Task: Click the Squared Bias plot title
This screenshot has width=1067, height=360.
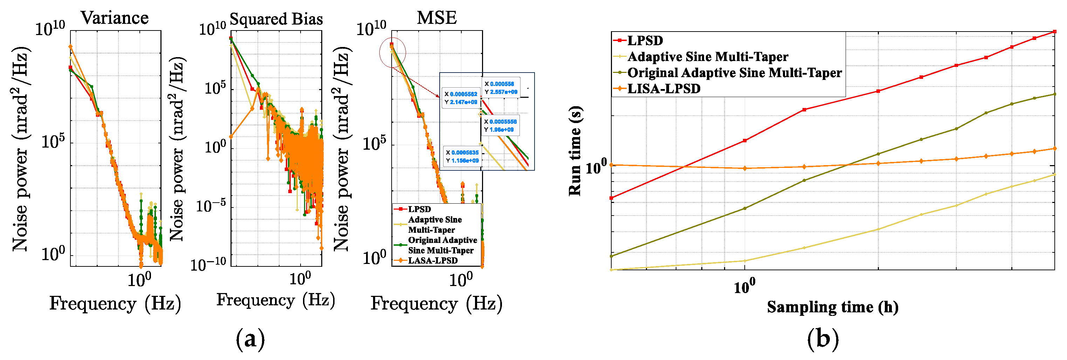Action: pos(276,19)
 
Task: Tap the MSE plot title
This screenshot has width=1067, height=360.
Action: pos(436,18)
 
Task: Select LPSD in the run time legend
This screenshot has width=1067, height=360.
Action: pos(645,41)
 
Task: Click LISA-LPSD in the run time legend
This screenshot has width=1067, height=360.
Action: pos(663,89)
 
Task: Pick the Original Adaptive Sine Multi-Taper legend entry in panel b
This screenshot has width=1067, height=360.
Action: pos(734,73)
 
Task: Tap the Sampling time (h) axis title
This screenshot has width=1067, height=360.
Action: pos(832,307)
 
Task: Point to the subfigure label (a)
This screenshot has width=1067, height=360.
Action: pos(250,339)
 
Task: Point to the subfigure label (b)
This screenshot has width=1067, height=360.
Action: pos(822,339)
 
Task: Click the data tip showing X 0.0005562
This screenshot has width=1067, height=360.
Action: pos(461,98)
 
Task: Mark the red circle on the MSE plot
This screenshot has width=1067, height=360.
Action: pos(392,52)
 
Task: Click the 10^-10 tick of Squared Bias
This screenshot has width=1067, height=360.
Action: pos(208,264)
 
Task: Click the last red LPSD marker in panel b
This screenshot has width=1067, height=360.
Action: pos(1054,32)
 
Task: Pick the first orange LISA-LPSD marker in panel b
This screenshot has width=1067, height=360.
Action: pos(611,165)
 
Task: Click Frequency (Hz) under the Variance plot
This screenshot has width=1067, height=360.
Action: pos(115,303)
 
